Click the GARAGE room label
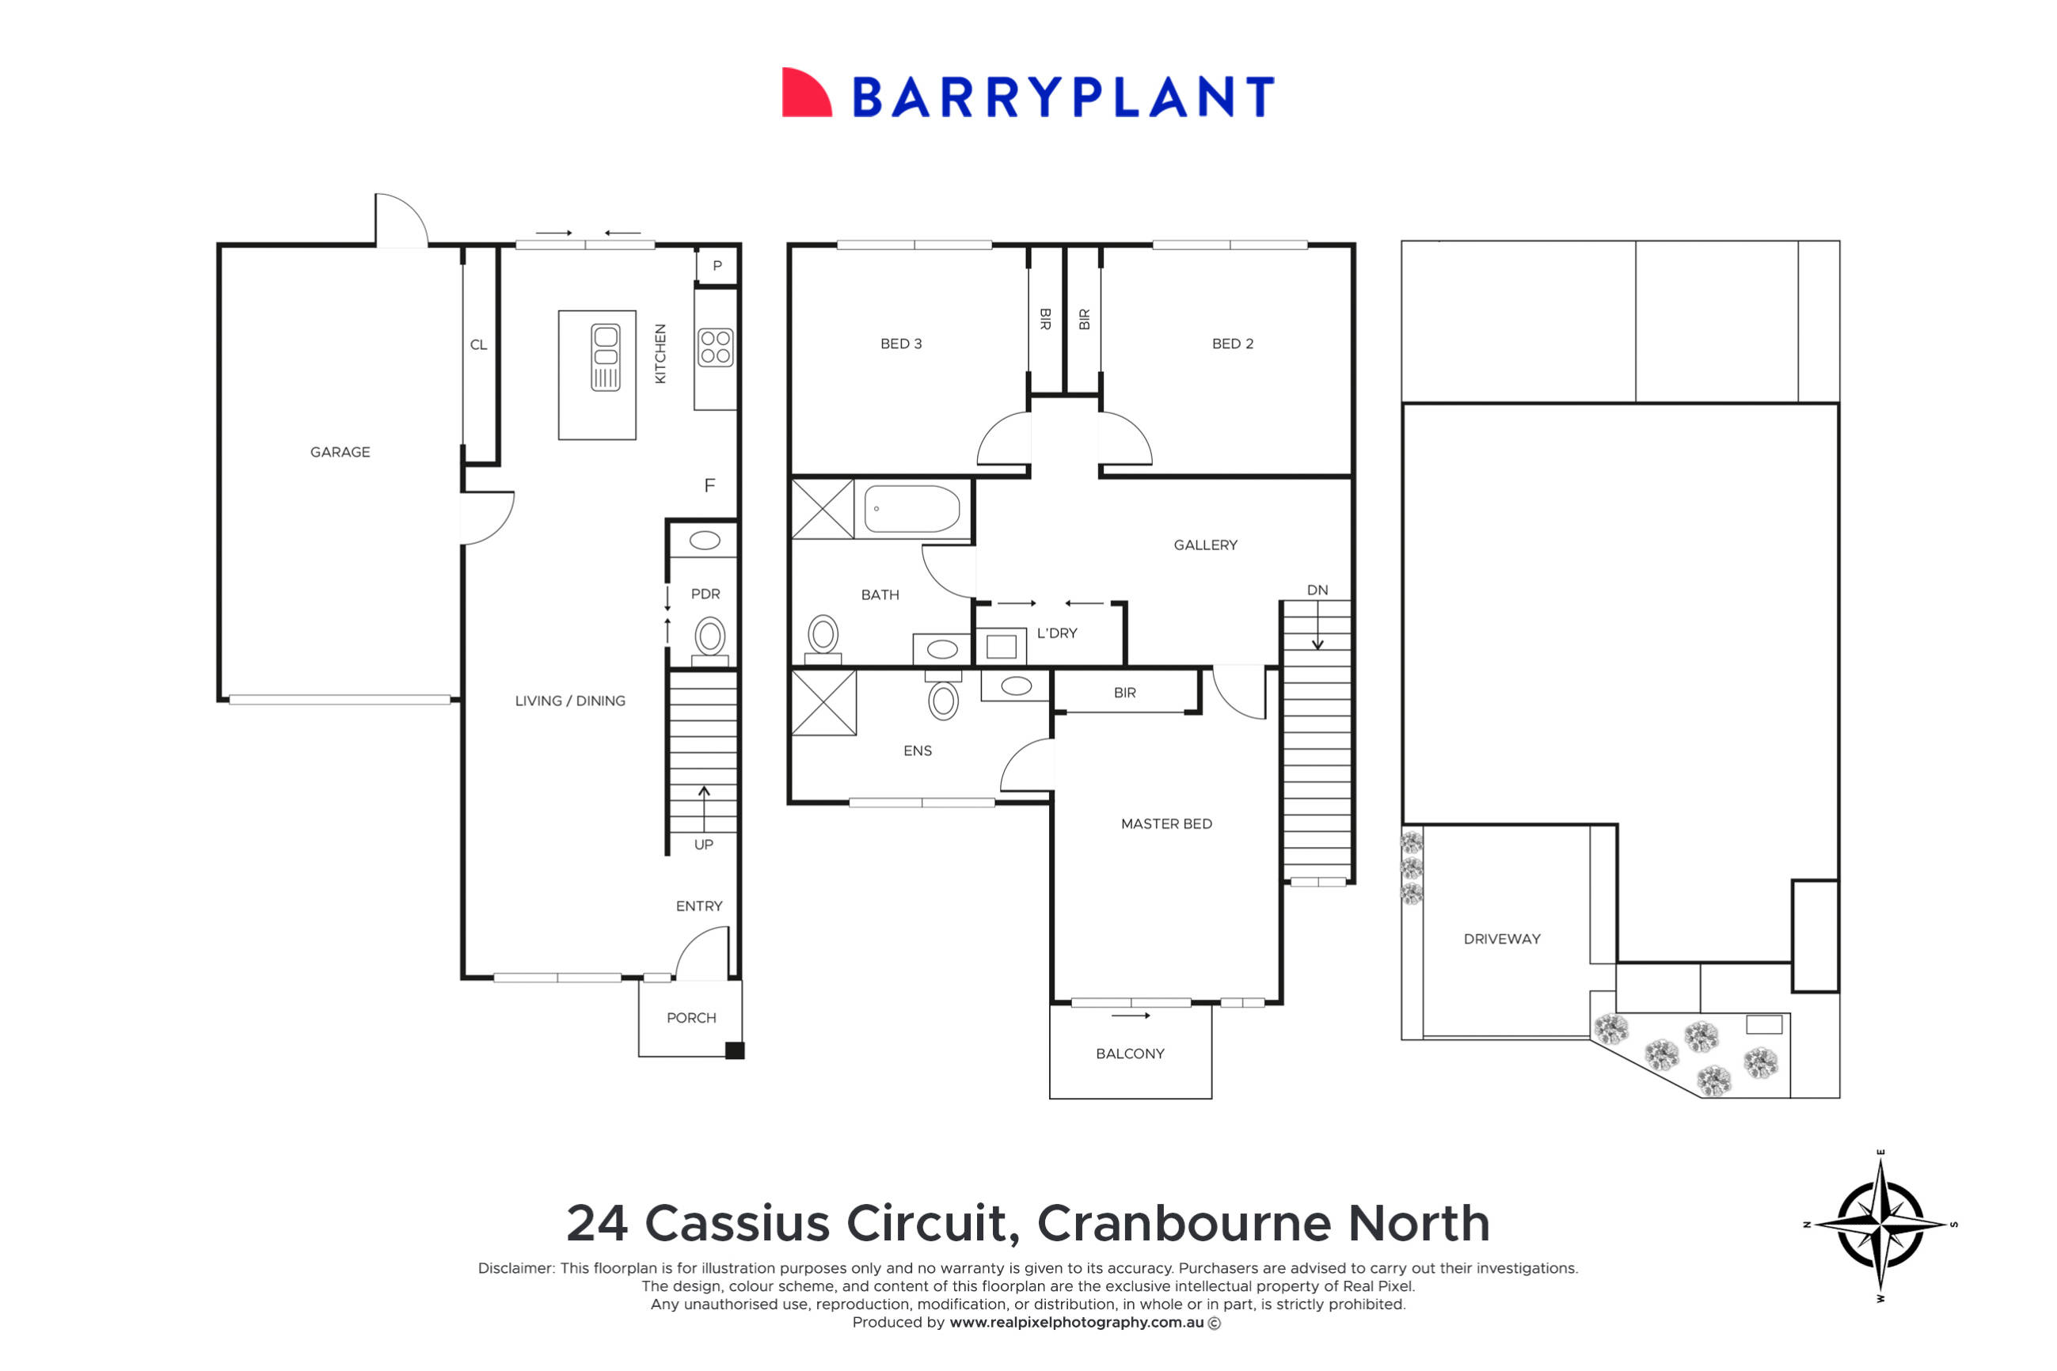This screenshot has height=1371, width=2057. click(x=340, y=452)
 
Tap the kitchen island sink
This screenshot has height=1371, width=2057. click(x=605, y=357)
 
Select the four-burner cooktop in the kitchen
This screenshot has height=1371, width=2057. click(x=716, y=347)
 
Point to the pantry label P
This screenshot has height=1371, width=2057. click(x=717, y=266)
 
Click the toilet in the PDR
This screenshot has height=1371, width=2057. click(x=710, y=636)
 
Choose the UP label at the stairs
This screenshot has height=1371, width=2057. click(x=703, y=845)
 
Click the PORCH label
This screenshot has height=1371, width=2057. click(x=691, y=1018)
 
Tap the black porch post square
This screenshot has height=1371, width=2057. click(x=735, y=1051)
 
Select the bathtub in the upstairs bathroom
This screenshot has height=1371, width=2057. click(x=911, y=509)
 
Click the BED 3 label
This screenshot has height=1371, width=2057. click(x=901, y=344)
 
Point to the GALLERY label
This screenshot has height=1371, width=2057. click(x=1205, y=545)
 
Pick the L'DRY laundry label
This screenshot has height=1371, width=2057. click(x=1056, y=633)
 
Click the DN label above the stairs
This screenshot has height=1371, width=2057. click(x=1317, y=591)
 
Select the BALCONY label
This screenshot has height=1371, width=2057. click(x=1130, y=1054)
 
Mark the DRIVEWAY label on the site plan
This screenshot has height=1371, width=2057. click(x=1502, y=939)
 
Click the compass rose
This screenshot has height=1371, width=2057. click(x=1880, y=1224)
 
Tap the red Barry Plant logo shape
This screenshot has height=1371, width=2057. click(x=804, y=93)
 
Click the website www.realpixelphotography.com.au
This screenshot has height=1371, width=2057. click(x=1076, y=1323)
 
